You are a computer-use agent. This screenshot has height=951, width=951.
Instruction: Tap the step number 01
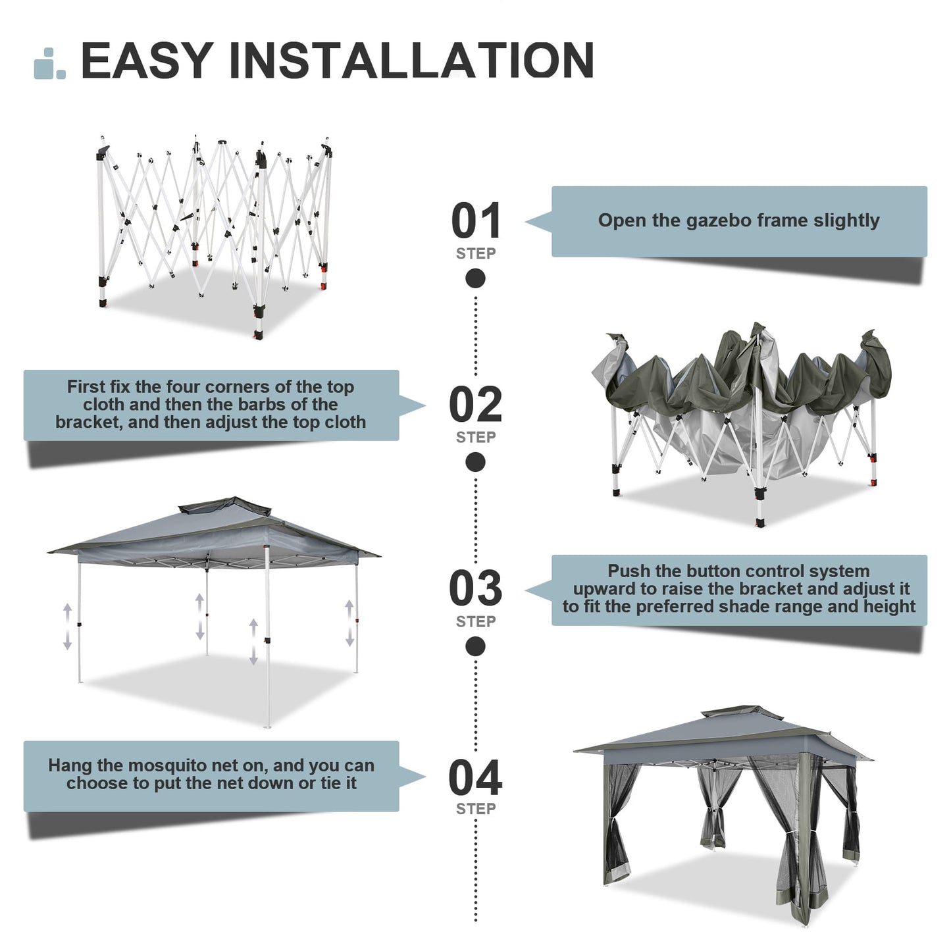[x=476, y=221]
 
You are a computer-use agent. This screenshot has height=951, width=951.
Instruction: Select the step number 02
[x=476, y=405]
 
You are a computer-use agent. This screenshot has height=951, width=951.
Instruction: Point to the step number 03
[x=476, y=588]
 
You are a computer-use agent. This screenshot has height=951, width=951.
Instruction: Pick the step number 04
[x=476, y=777]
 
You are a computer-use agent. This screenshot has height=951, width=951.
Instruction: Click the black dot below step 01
[x=475, y=279]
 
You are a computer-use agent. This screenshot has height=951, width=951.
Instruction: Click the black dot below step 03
[x=475, y=646]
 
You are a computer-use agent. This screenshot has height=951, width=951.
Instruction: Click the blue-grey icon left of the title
[x=49, y=64]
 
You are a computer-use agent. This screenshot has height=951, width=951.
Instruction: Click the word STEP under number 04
[x=476, y=809]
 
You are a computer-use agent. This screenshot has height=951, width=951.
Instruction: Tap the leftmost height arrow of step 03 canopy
[x=67, y=627]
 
